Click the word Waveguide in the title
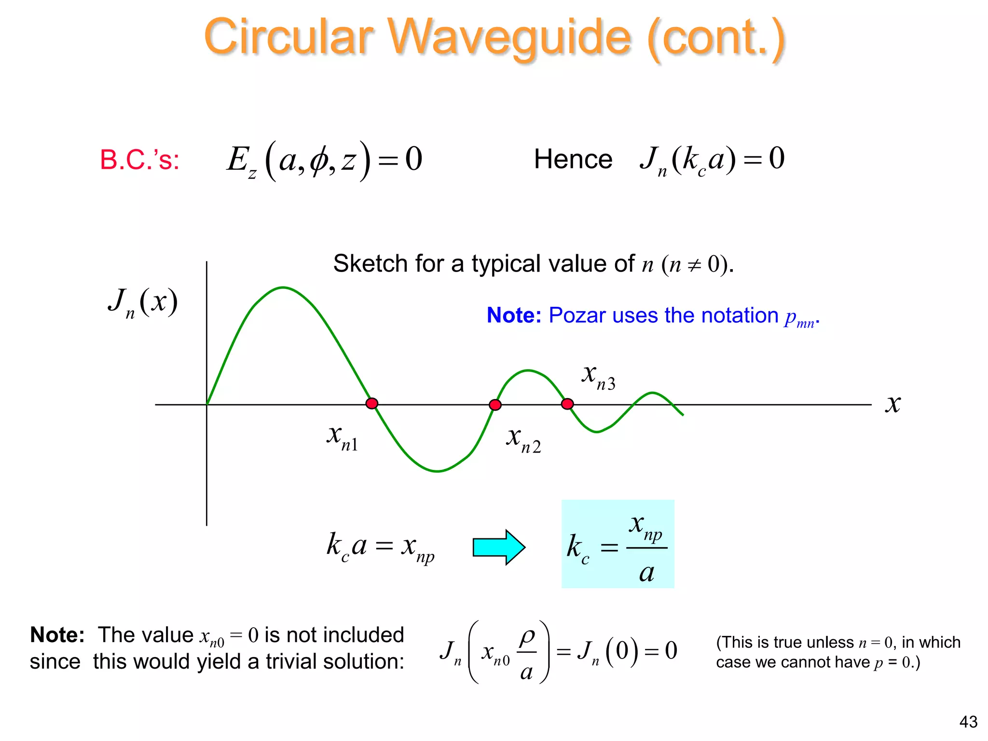pyautogui.click(x=510, y=38)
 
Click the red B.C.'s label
pyautogui.click(x=139, y=160)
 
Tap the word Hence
pyautogui.click(x=573, y=159)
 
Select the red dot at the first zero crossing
pyautogui.click(x=371, y=403)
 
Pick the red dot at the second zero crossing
pyautogui.click(x=495, y=405)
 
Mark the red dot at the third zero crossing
pyautogui.click(x=568, y=404)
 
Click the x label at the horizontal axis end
pyautogui.click(x=893, y=404)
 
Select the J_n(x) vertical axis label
pyautogui.click(x=143, y=302)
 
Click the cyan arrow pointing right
pyautogui.click(x=499, y=547)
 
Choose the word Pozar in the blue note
pyautogui.click(x=577, y=316)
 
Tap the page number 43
pyautogui.click(x=968, y=722)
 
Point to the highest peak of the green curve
pyautogui.click(x=283, y=288)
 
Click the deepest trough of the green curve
pyautogui.click(x=437, y=471)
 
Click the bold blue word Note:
pyautogui.click(x=514, y=316)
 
